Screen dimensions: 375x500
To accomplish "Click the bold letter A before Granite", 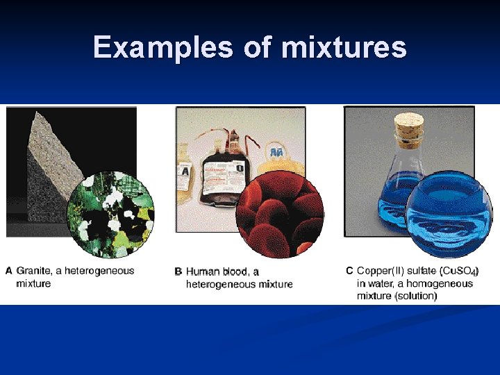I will pyautogui.click(x=9, y=271).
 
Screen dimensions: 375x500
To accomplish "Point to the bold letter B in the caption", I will pyautogui.click(x=178, y=272).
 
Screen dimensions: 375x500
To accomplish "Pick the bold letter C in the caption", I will pyautogui.click(x=349, y=271).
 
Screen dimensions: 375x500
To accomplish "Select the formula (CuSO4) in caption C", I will pyautogui.click(x=459, y=271).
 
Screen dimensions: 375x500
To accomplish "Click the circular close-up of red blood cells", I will pyautogui.click(x=279, y=215).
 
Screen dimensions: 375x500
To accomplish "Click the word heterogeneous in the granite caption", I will pyautogui.click(x=102, y=271).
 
